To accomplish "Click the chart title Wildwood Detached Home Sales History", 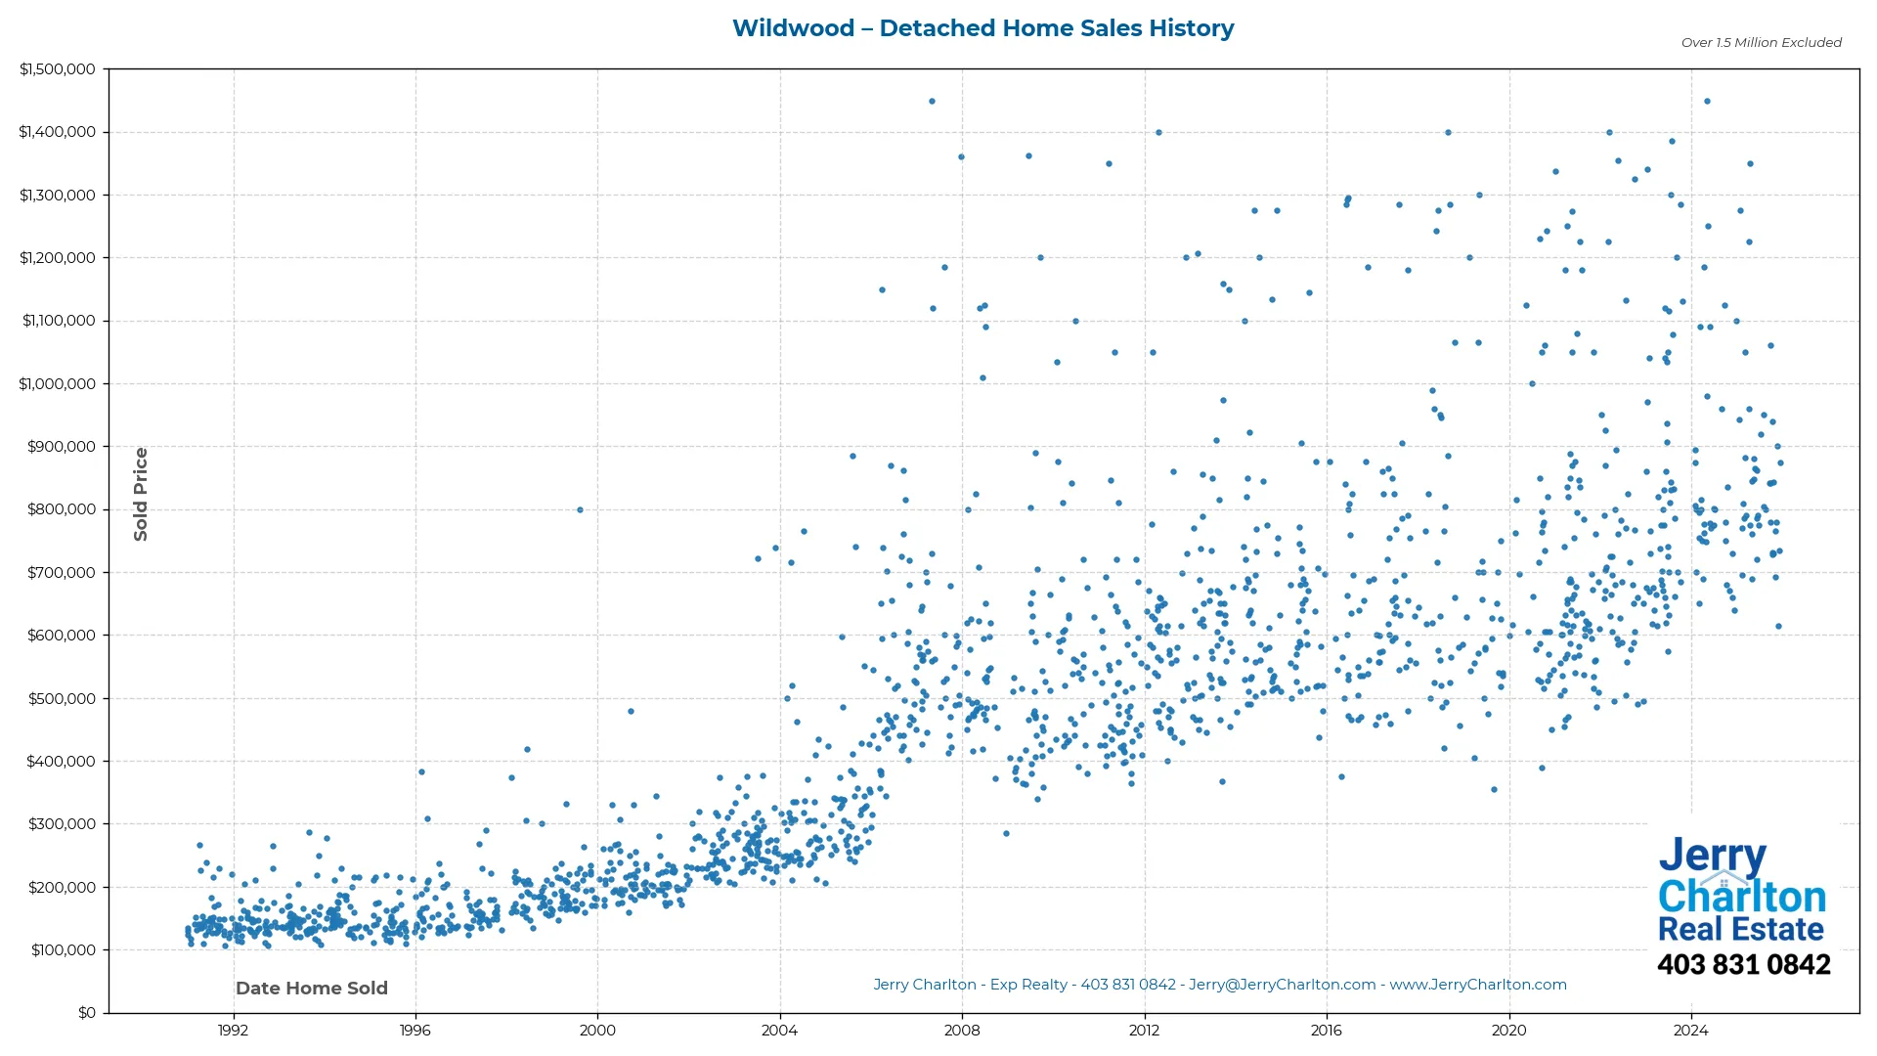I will click(982, 28).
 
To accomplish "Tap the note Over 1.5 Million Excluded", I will click(1761, 43).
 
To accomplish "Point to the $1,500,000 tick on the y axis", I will click(58, 69).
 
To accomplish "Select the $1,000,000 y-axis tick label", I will click(58, 384).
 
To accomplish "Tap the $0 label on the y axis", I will click(87, 1013).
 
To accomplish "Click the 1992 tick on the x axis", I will click(233, 1031).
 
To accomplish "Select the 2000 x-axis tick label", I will click(597, 1031).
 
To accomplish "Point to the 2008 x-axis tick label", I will click(962, 1031).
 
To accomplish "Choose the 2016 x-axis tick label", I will click(1327, 1031).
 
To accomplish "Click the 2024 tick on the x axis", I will click(1691, 1031).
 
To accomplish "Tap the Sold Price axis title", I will click(141, 494).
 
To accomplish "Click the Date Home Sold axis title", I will click(312, 989).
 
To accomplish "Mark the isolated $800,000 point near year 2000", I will click(580, 509).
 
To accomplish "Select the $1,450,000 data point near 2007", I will click(932, 102).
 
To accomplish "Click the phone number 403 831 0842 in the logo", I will click(1743, 965).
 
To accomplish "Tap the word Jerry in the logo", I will click(1712, 857).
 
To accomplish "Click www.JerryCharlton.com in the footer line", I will click(1478, 985).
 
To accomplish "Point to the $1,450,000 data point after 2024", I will click(1707, 102).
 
